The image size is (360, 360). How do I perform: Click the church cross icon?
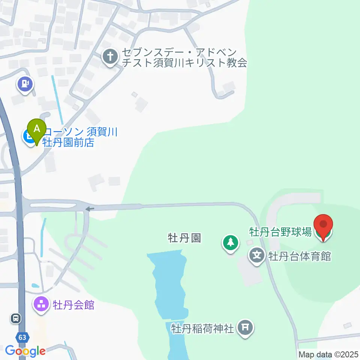point(110,57)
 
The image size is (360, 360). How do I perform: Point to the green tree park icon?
point(231,243)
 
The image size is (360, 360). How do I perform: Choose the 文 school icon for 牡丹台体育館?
point(257,256)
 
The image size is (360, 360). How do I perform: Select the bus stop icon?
point(15,318)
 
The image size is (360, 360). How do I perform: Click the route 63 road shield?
point(22,337)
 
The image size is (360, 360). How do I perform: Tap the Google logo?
point(25,351)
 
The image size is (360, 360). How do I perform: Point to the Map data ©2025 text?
point(329,354)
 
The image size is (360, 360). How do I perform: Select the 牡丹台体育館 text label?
point(299,256)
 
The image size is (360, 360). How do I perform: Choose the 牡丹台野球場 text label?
point(280,232)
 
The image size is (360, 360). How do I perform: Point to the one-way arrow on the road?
point(89,209)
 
